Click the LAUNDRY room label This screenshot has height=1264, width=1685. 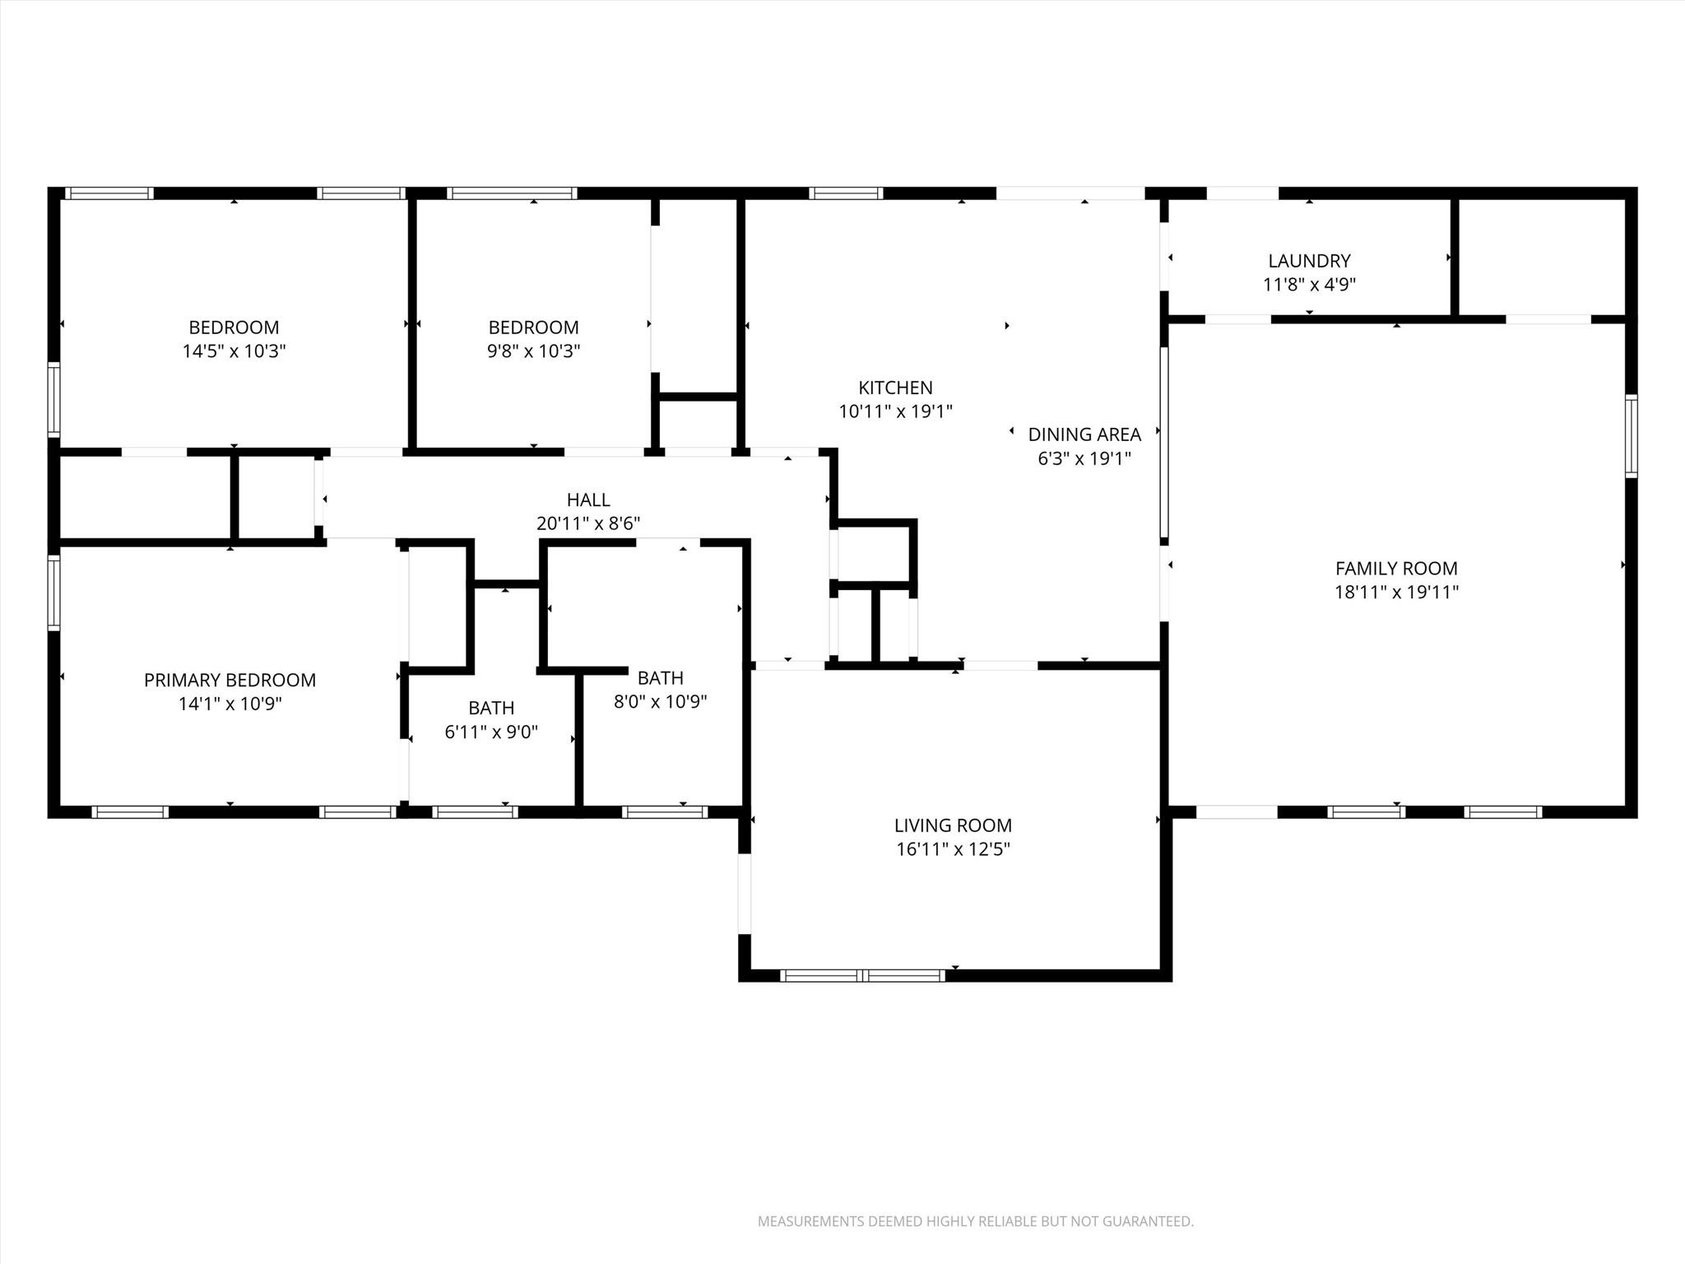pos(1309,261)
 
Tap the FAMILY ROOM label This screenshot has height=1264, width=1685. pos(1396,568)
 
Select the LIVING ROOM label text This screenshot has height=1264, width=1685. pos(953,825)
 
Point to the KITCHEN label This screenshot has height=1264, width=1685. pos(895,388)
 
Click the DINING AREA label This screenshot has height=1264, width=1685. pos(1084,434)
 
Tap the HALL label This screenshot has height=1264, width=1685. pos(588,500)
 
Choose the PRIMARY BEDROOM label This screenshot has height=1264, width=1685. pos(230,680)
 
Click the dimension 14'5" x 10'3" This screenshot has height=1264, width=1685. pos(234,351)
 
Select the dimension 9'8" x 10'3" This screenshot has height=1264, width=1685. pos(533,351)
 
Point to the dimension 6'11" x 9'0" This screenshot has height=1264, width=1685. pos(491,732)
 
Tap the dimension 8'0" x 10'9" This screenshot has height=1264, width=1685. pos(661,702)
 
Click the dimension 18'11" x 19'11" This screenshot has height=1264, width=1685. pos(1396,592)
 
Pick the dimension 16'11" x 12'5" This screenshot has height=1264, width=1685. pos(953,849)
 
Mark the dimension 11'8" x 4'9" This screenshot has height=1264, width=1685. pos(1309,285)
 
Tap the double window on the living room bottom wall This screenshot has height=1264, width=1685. pos(862,976)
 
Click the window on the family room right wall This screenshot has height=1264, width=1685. pos(1631,436)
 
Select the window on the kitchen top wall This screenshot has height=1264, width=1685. pos(846,193)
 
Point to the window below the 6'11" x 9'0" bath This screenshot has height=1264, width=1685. pos(475,812)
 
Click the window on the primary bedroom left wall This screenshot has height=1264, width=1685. pos(54,592)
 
